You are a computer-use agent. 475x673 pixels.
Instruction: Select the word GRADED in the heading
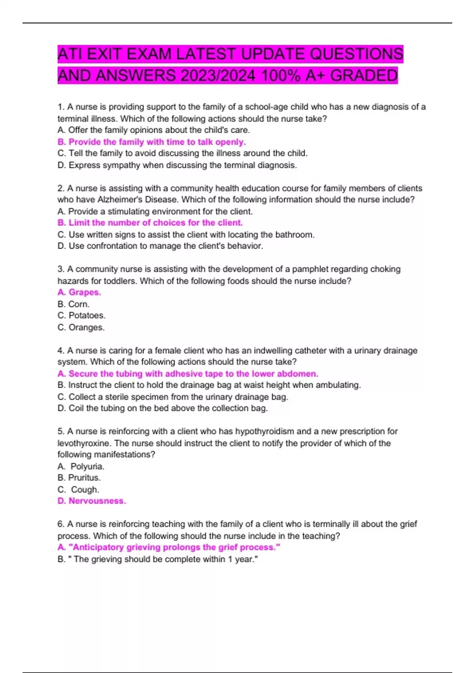pos(364,76)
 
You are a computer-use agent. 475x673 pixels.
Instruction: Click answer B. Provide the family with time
pos(152,142)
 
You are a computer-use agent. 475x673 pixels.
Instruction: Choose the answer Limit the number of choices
pos(150,222)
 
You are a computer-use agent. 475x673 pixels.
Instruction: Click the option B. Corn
pos(74,304)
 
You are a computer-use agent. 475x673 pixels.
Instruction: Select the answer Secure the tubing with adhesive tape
pos(188,374)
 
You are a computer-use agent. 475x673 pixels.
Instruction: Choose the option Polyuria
pos(87,466)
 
